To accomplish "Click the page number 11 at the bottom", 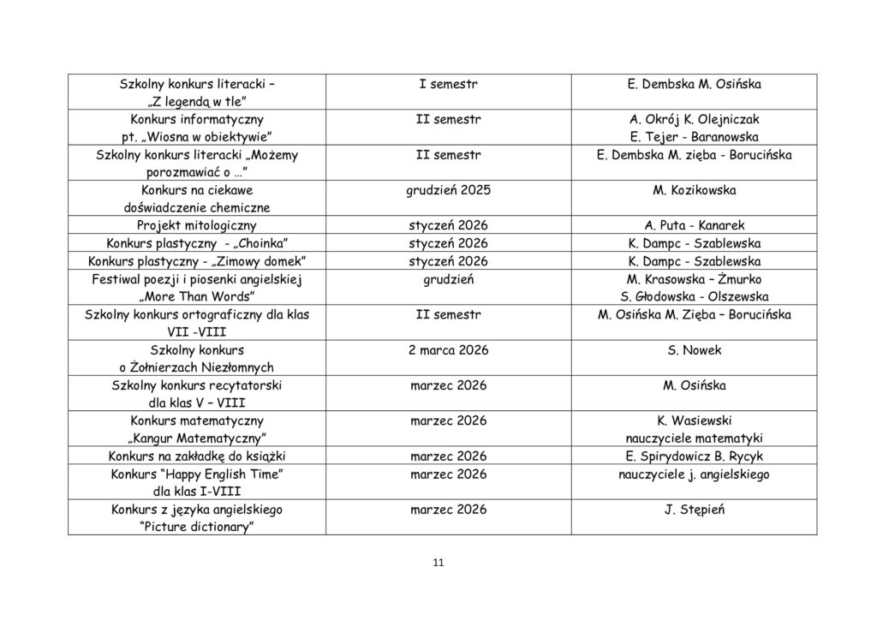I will click(438, 563).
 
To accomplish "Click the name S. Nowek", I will click(694, 350).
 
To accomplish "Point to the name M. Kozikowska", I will click(694, 190).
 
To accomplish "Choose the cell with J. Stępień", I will click(694, 510).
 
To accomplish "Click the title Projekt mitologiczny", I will click(197, 225).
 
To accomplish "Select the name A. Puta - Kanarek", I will click(694, 225).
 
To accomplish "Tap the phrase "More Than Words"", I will click(197, 296).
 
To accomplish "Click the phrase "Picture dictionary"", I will click(197, 527).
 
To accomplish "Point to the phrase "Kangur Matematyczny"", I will click(197, 438).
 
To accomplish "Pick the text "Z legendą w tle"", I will click(197, 102).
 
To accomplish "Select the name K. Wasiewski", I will click(694, 420).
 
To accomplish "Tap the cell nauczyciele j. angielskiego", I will click(694, 474).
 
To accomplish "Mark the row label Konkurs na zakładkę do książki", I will click(197, 456).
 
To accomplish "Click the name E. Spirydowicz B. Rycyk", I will click(694, 456).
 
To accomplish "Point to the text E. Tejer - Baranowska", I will click(694, 137).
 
